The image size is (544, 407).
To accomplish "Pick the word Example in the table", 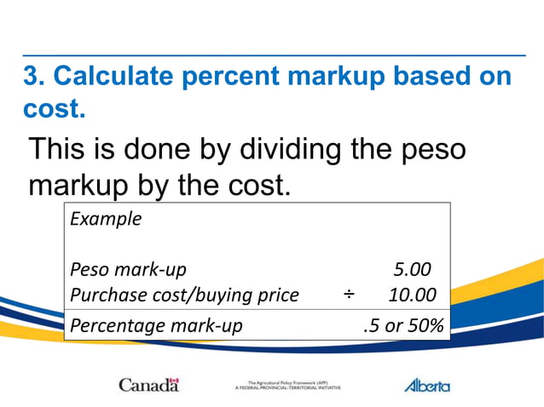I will pyautogui.click(x=106, y=218).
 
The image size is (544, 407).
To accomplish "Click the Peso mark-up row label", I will pyautogui.click(x=128, y=270).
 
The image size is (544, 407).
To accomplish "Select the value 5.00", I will pyautogui.click(x=412, y=270).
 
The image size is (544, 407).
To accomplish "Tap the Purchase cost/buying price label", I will pyautogui.click(x=184, y=295).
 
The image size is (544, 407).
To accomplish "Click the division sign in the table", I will pyautogui.click(x=349, y=295).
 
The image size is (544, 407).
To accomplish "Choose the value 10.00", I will pyautogui.click(x=412, y=295).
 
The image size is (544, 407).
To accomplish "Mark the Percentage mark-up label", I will pyautogui.click(x=156, y=324).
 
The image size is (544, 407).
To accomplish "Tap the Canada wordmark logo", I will pyautogui.click(x=148, y=385).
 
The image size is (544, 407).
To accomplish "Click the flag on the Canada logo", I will pyautogui.click(x=174, y=381).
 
